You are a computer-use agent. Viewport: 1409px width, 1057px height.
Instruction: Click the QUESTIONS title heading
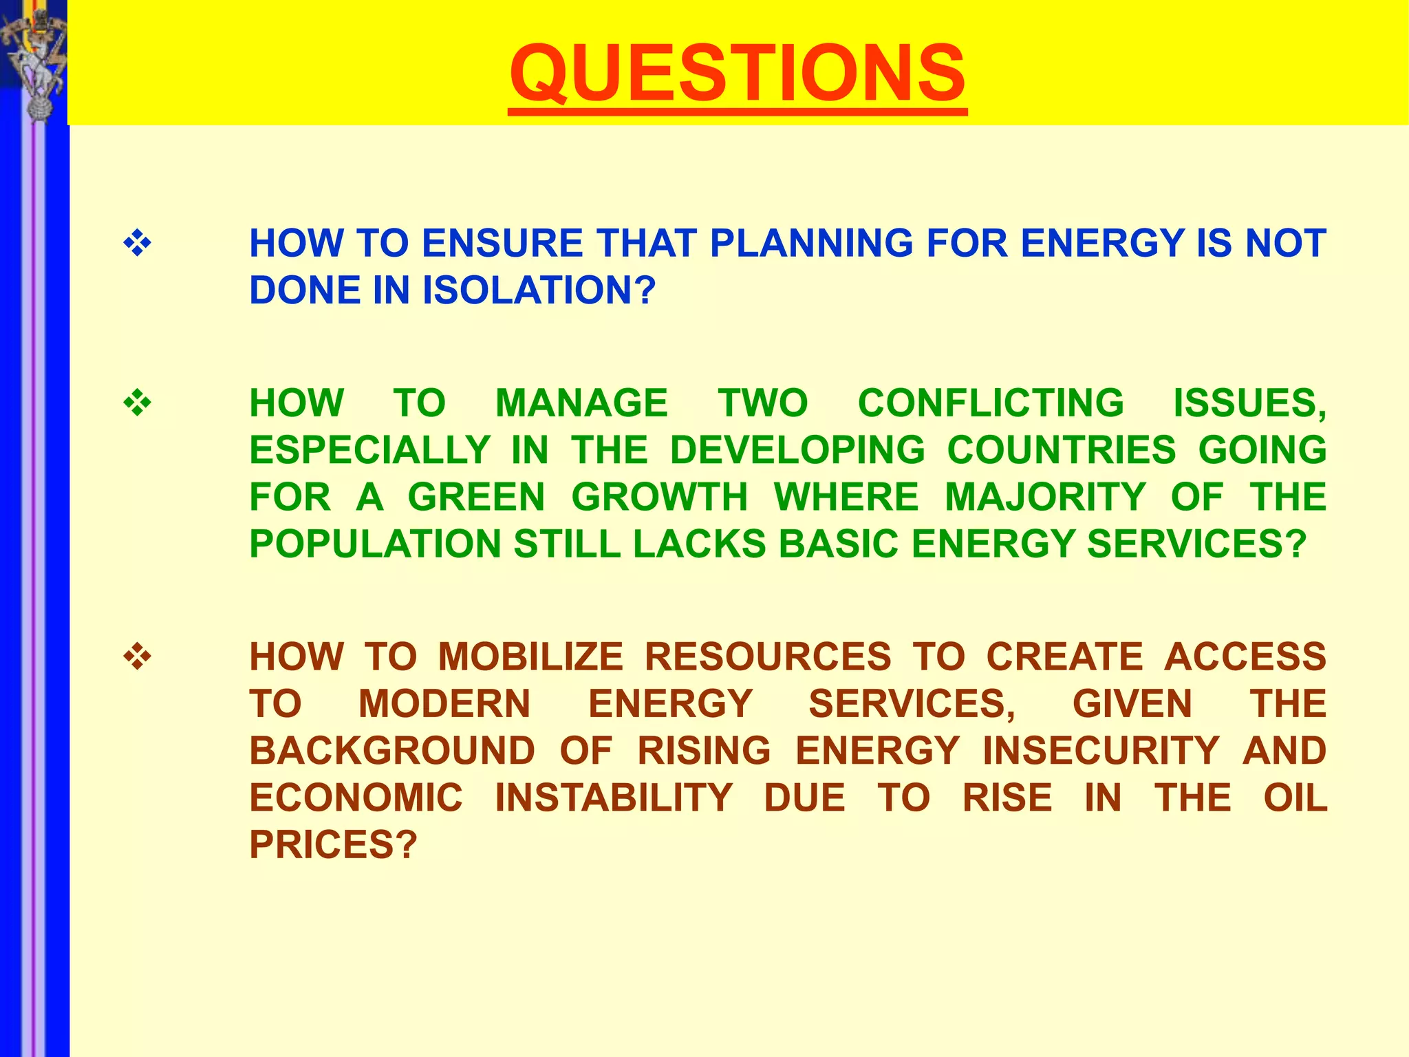pyautogui.click(x=738, y=73)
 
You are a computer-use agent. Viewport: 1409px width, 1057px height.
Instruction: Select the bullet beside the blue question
pyautogui.click(x=137, y=244)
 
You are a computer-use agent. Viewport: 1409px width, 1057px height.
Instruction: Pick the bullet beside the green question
pyautogui.click(x=137, y=403)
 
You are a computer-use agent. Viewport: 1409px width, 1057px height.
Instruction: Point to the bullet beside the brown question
pyautogui.click(x=137, y=656)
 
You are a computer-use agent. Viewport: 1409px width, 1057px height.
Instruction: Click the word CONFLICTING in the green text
pyautogui.click(x=990, y=403)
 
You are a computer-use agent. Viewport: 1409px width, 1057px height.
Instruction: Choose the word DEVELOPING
pyautogui.click(x=797, y=450)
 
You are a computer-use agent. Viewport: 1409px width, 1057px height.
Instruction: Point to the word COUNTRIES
pyautogui.click(x=1062, y=450)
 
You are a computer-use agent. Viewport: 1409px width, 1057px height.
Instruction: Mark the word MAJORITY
pyautogui.click(x=1045, y=497)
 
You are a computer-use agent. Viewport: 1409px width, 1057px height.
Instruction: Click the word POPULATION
pyautogui.click(x=375, y=544)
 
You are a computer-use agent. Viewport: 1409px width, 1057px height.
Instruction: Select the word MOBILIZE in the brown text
pyautogui.click(x=530, y=656)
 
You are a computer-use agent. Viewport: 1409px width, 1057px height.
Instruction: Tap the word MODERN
pyautogui.click(x=444, y=704)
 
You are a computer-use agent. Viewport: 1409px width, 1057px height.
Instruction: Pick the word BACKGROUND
pyautogui.click(x=392, y=751)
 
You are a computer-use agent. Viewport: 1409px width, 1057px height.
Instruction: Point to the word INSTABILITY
pyautogui.click(x=614, y=798)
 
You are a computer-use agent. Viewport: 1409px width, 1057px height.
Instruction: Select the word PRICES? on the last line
pyautogui.click(x=333, y=845)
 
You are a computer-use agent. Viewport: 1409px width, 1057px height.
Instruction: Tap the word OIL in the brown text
pyautogui.click(x=1295, y=798)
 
